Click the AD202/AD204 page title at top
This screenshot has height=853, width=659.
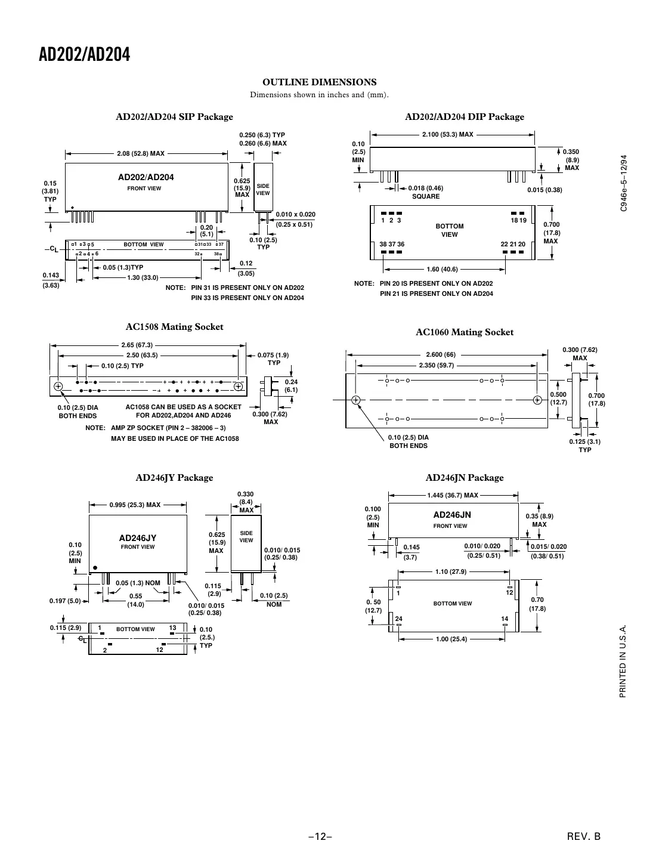tap(84, 55)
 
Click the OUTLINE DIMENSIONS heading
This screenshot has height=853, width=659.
tap(319, 82)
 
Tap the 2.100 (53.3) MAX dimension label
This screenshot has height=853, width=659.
tap(447, 135)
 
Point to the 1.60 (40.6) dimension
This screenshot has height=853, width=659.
tap(442, 269)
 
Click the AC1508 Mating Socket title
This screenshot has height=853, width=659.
tap(174, 327)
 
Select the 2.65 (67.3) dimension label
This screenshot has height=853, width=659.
tap(137, 345)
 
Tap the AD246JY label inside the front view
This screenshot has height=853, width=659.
tap(138, 537)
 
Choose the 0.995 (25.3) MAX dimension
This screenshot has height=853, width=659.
tap(135, 505)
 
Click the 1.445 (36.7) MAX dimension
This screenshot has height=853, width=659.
tap(452, 495)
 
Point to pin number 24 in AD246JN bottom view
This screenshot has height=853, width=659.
tap(398, 619)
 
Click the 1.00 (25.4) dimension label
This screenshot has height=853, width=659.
tap(451, 639)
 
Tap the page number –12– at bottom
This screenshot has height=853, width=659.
tap(320, 836)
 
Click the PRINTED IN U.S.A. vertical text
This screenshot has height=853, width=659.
tap(623, 662)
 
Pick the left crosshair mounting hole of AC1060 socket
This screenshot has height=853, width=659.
tap(355, 400)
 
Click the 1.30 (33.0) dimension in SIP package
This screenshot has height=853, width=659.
tap(143, 277)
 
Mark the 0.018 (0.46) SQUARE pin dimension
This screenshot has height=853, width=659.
tap(425, 192)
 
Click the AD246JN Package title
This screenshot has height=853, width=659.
tap(464, 478)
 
